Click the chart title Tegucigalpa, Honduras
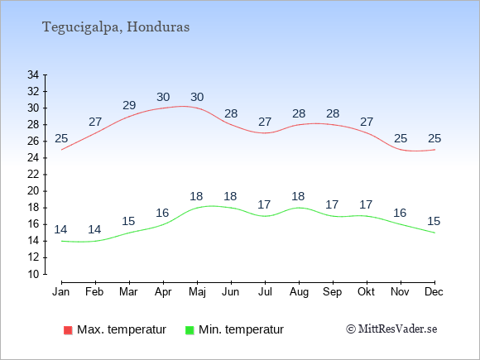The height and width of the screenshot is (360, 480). tap(116, 27)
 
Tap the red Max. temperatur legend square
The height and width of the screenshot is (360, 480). tap(68, 330)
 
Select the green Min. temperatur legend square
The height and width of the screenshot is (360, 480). tap(190, 330)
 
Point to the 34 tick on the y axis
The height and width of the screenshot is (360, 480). tap(33, 74)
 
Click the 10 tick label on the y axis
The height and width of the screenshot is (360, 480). tap(33, 274)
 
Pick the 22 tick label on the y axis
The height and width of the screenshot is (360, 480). tap(33, 175)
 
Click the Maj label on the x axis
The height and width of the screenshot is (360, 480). tap(197, 292)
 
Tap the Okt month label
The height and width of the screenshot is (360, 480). tap(366, 292)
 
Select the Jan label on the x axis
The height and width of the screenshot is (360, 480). tap(61, 292)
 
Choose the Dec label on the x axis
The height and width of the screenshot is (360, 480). tap(434, 292)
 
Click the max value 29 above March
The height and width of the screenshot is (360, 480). tap(129, 105)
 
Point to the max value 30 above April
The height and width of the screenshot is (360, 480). tap(163, 97)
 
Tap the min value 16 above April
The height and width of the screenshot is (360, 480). tap(162, 213)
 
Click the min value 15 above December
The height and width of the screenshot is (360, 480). tap(434, 221)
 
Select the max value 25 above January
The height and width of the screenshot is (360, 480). tap(61, 139)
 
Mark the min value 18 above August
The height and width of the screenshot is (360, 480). tap(298, 196)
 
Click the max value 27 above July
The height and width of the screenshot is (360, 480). tap(265, 122)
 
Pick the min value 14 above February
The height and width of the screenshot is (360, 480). tap(94, 229)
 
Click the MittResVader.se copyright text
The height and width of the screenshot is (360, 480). tap(391, 329)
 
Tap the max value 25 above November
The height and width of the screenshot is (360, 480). tap(401, 139)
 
